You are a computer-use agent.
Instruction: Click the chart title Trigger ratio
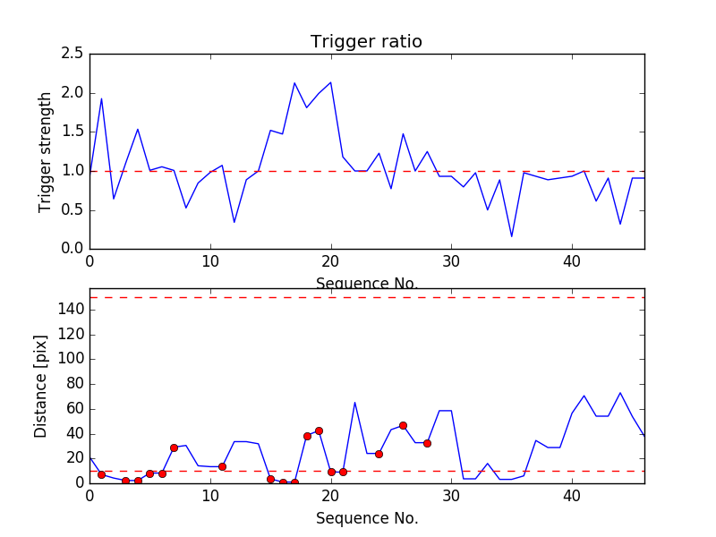pos(366,42)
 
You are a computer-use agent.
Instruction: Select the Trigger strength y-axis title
pos(46,152)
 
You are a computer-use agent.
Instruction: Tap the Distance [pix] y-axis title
pos(41,386)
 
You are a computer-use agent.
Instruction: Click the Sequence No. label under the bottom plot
pos(366,518)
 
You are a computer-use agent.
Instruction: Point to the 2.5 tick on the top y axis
pos(72,55)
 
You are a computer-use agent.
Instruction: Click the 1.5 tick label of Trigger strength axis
pos(72,132)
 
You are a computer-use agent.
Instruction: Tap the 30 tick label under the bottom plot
pos(451,497)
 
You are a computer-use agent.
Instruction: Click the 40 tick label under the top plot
pos(572,264)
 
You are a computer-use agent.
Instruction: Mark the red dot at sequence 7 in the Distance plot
pos(174,447)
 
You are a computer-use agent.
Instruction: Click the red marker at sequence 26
pos(403,425)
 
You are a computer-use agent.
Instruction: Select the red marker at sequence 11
pos(222,466)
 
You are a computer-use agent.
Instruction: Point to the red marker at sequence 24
pos(379,454)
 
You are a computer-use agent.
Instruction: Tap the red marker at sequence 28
pos(427,443)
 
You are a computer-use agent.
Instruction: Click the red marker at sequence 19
pos(319,430)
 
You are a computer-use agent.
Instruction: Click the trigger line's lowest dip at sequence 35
pos(512,236)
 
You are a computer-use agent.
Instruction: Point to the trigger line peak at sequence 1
pos(101,98)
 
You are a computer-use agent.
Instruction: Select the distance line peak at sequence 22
pos(354,402)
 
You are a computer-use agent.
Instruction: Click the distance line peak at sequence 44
pos(620,392)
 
